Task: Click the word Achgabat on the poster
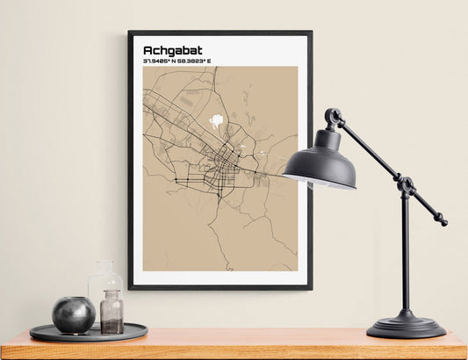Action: (x=172, y=50)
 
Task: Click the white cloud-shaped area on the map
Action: (x=216, y=121)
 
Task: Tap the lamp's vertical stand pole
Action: (x=405, y=255)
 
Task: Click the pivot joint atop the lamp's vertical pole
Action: (x=406, y=185)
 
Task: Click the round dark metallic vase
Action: (x=73, y=314)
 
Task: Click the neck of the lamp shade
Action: (x=327, y=137)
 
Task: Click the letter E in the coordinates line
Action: (x=209, y=61)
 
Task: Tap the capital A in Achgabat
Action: (x=148, y=50)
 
